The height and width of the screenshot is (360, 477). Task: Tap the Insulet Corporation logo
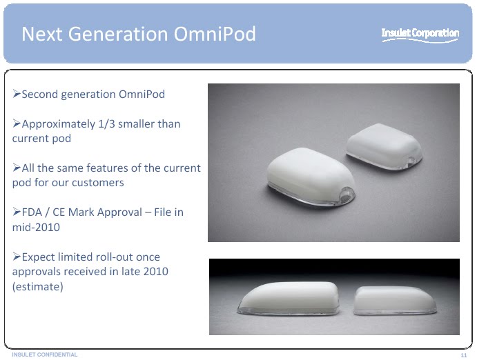point(420,34)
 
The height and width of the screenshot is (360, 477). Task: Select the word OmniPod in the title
point(215,34)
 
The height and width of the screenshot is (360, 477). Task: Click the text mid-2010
point(36,227)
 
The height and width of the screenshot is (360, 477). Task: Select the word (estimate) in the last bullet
point(38,286)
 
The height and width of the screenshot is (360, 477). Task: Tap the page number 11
point(464,355)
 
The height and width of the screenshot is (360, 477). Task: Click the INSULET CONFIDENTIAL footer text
point(45,354)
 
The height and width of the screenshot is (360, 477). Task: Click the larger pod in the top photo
point(311,177)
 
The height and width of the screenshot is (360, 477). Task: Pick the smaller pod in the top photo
point(384,146)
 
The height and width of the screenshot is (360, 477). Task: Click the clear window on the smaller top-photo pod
point(411,160)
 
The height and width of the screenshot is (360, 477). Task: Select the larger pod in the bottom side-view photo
point(289,299)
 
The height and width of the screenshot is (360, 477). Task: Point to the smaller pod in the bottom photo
point(395,300)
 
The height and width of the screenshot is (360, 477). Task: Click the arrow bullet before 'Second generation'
point(17,94)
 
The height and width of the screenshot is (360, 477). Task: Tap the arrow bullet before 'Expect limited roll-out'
point(17,257)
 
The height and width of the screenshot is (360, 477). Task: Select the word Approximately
point(59,124)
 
